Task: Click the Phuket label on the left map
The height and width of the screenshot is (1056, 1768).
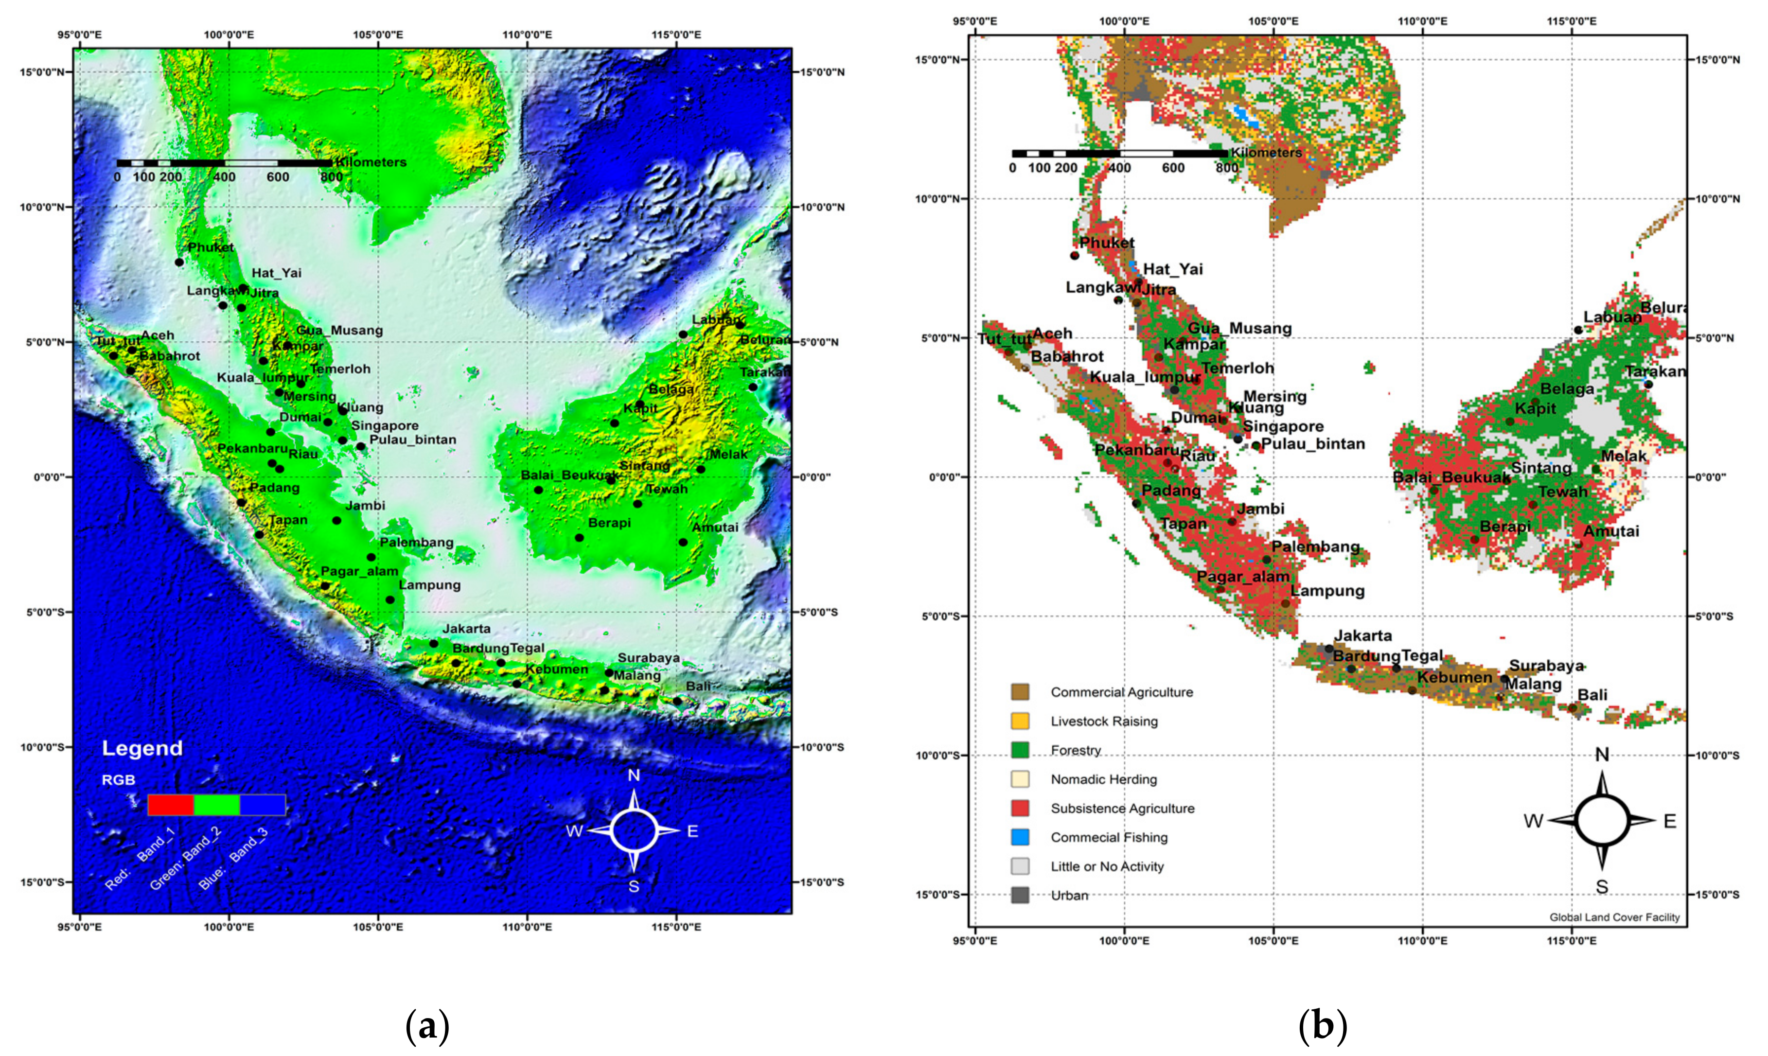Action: click(x=211, y=247)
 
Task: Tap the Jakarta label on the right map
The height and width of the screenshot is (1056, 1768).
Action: click(x=1362, y=635)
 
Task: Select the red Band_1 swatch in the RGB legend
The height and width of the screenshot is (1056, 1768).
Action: click(x=171, y=805)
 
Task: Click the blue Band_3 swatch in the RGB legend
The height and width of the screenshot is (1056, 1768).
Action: click(x=263, y=805)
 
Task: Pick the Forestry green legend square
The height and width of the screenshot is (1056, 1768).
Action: click(x=1020, y=750)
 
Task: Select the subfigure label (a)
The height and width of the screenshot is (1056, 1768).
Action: click(x=427, y=1026)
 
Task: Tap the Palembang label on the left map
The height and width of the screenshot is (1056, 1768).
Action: click(x=416, y=542)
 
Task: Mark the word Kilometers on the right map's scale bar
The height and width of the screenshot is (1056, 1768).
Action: click(x=1266, y=152)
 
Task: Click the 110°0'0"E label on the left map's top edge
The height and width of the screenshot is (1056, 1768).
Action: click(x=527, y=34)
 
